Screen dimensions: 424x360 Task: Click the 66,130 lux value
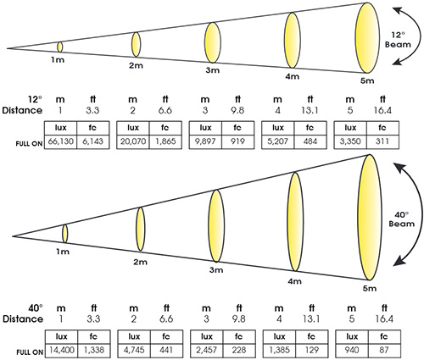pos(61,141)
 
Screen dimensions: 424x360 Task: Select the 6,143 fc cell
pos(93,141)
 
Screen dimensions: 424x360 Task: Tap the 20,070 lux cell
pos(133,141)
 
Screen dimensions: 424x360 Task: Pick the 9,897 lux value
pos(205,141)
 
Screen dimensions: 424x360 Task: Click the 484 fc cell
pos(310,141)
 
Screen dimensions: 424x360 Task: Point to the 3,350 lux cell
pos(350,141)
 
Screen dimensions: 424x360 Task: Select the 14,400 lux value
pos(62,350)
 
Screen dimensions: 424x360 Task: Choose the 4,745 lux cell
pos(134,350)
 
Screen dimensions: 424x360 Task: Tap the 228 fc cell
pos(239,350)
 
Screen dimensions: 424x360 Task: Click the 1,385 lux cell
pos(279,350)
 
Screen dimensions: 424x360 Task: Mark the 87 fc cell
pos(384,350)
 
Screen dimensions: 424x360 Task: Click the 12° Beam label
pos(398,40)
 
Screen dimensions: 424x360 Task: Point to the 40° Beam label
pos(401,219)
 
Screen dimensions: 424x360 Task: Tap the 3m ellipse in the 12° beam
pos(213,42)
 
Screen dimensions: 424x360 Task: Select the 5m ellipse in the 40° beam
pos(369,218)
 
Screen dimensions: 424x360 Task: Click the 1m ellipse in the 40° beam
pos(65,234)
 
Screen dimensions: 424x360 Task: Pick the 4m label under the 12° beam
pos(292,76)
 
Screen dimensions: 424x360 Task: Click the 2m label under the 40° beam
pos(140,262)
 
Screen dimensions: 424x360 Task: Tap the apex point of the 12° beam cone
pos(8,48)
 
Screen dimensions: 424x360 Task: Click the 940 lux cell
pos(352,350)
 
